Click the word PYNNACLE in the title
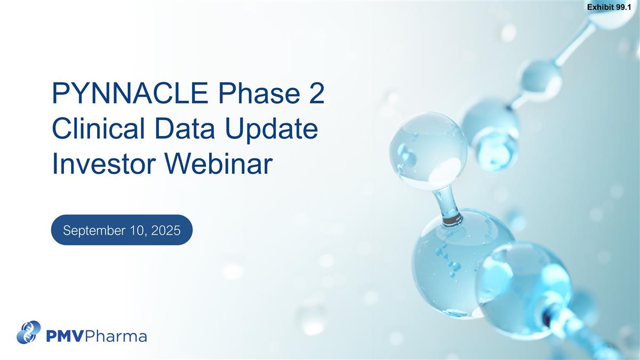click(130, 93)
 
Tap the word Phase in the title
click(259, 93)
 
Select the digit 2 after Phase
click(317, 93)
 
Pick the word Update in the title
click(271, 131)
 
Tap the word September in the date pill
click(94, 230)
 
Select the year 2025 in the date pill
click(166, 230)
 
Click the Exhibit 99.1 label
click(609, 7)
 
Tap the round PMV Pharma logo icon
click(29, 332)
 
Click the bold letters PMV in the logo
click(65, 336)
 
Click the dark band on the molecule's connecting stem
click(453, 220)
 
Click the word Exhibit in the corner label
click(601, 7)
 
